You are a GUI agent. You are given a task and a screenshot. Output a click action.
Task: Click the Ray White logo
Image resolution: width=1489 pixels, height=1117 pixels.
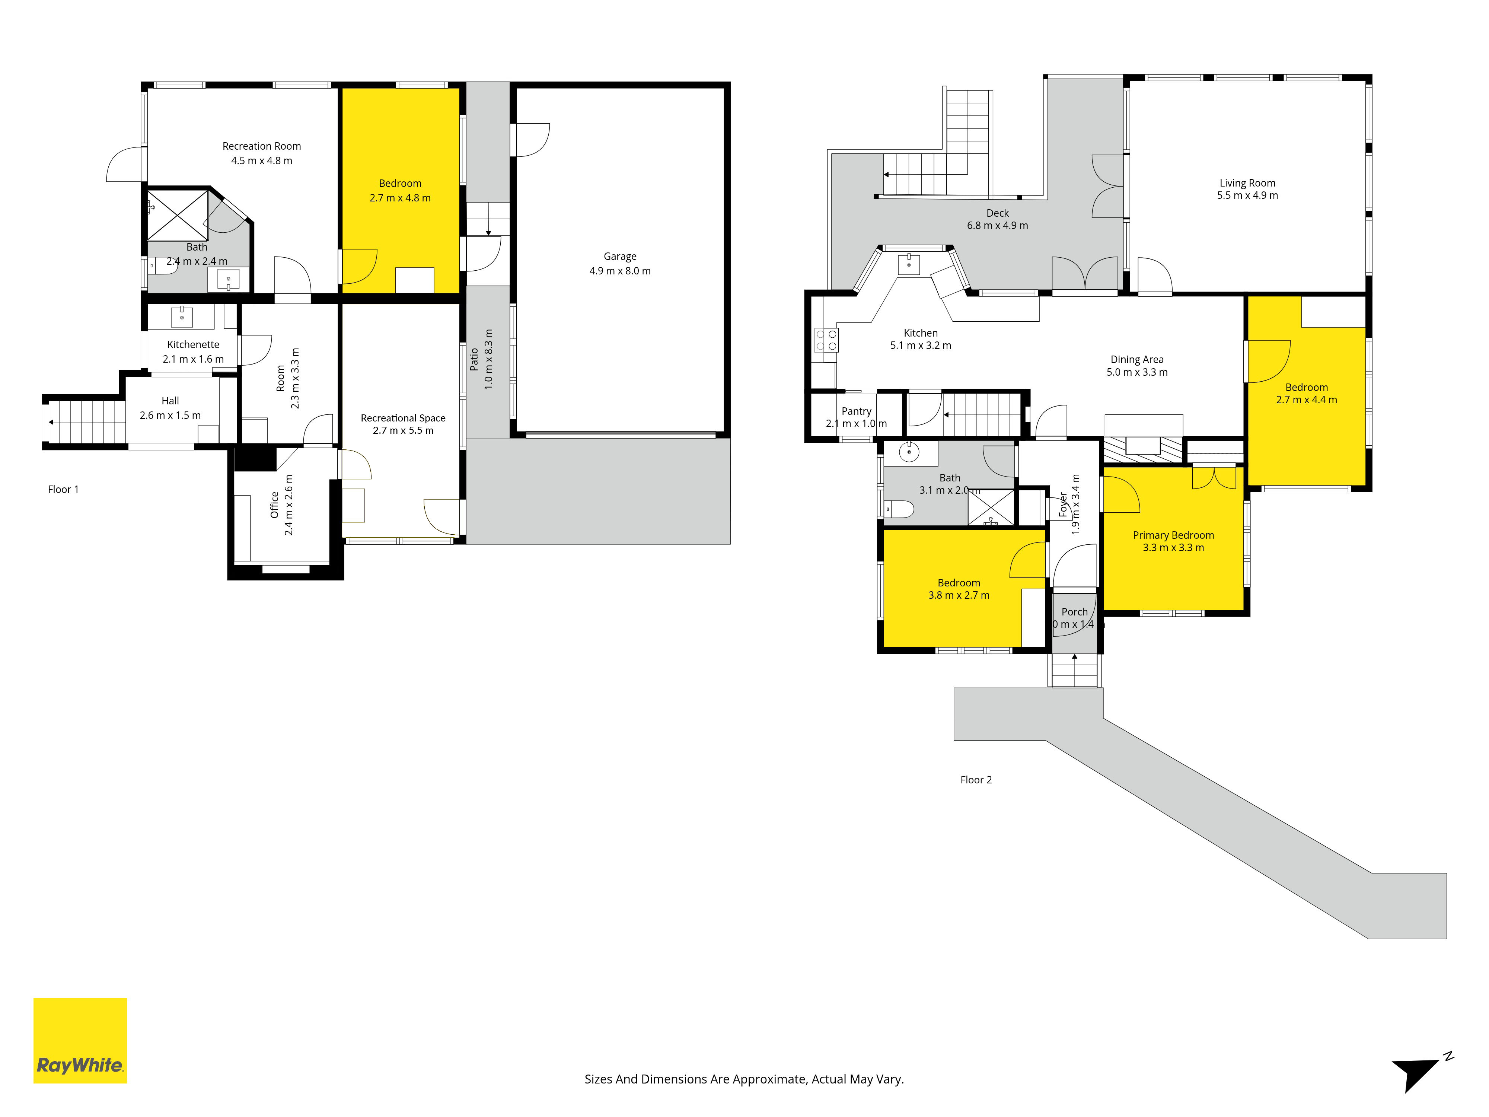(x=80, y=1040)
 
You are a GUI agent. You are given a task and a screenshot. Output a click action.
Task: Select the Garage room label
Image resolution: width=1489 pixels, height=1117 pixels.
(x=620, y=257)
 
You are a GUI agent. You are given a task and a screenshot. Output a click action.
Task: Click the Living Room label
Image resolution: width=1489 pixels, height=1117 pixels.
(x=1247, y=183)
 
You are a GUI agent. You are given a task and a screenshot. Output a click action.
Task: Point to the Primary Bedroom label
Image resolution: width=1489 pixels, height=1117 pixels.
(x=1173, y=535)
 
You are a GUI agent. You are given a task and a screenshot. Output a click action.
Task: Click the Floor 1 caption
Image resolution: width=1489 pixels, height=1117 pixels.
(x=63, y=490)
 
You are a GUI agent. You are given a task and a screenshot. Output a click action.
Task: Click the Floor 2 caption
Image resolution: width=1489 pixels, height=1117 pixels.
(x=976, y=780)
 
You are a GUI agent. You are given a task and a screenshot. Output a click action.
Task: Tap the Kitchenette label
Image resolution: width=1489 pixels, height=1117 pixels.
(x=193, y=345)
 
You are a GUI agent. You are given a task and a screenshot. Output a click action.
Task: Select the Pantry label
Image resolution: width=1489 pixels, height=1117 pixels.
(x=856, y=411)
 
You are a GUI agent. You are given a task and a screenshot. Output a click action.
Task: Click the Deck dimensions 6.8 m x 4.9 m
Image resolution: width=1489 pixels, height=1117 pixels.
(x=998, y=226)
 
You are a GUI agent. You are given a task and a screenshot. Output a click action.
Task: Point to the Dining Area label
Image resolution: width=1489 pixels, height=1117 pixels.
(x=1137, y=360)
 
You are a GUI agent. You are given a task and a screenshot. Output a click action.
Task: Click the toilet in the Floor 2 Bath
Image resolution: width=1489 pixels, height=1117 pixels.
(x=899, y=509)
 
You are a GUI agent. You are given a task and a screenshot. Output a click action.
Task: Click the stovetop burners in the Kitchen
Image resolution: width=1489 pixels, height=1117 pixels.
(x=827, y=340)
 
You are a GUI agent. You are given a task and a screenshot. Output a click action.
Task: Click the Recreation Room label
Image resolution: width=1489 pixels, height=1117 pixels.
(x=262, y=146)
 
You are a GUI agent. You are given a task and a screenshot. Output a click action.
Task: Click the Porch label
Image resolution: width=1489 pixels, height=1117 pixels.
(x=1074, y=612)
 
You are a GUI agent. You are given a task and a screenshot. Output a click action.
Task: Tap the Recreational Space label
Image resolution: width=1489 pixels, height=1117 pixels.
(x=403, y=418)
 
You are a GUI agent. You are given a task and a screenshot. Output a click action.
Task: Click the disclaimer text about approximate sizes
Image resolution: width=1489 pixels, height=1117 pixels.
(x=744, y=1079)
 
